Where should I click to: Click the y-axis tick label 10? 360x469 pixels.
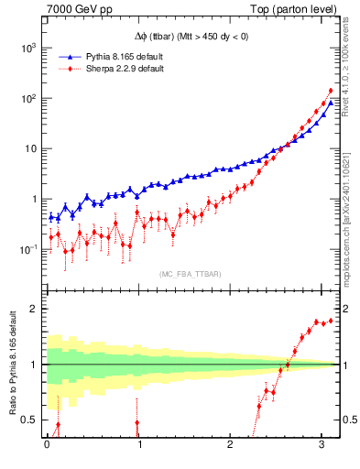(30, 148)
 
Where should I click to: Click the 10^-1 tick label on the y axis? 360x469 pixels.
(27, 249)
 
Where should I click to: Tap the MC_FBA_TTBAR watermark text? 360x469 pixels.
(190, 273)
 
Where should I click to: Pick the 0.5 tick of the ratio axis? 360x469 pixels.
(28, 420)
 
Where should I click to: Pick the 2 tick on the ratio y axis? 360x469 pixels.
(33, 309)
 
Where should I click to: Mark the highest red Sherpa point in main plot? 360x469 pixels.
(331, 91)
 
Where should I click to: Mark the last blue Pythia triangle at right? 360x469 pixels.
(331, 103)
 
